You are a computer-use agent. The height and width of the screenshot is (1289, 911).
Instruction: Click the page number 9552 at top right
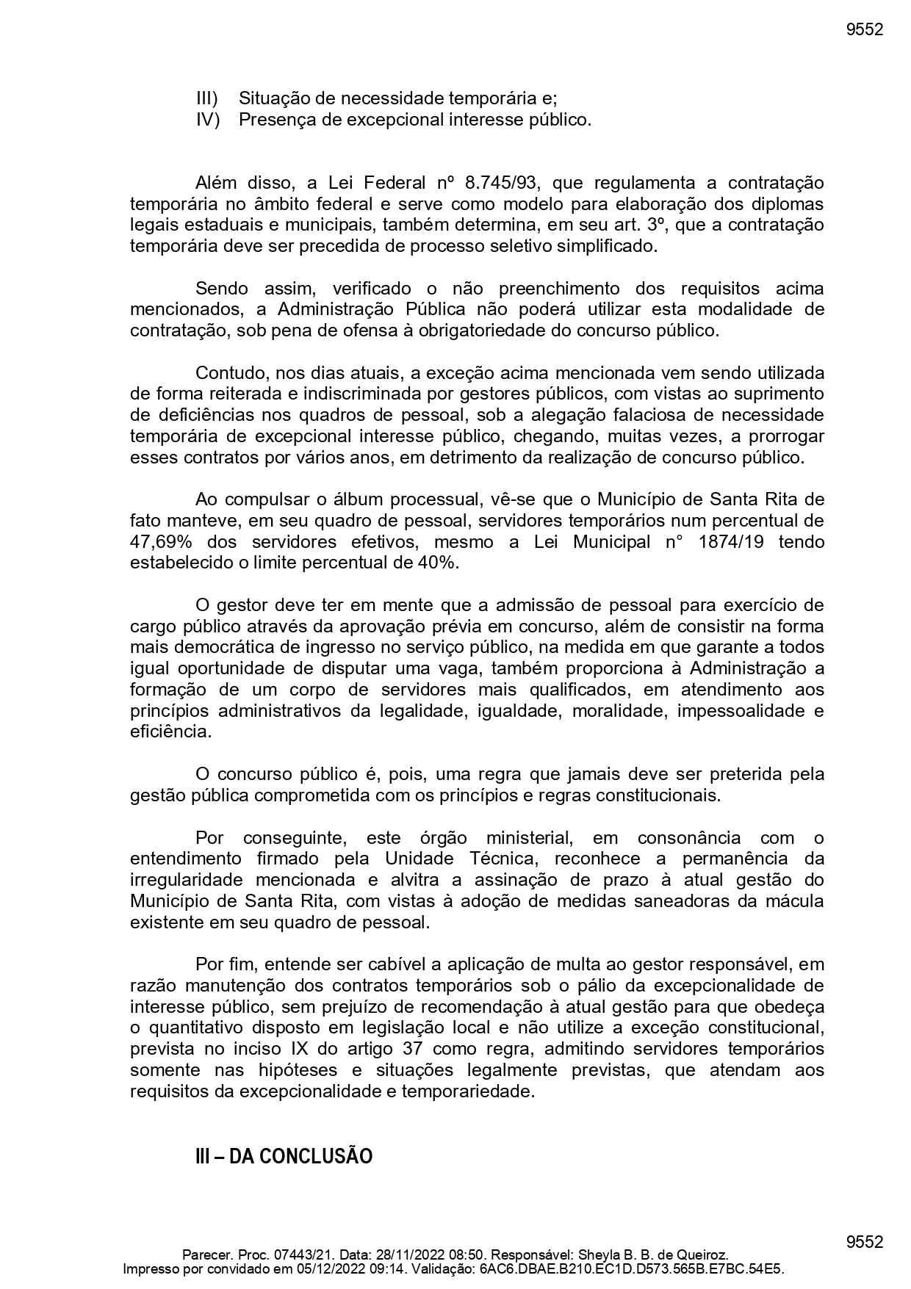(864, 30)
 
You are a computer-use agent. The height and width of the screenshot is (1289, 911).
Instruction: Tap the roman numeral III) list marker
(207, 98)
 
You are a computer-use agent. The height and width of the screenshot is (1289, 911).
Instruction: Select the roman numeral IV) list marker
(208, 120)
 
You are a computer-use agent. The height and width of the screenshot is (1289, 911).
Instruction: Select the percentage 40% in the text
(438, 563)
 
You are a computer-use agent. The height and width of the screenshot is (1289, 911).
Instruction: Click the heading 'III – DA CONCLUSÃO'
(284, 1157)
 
